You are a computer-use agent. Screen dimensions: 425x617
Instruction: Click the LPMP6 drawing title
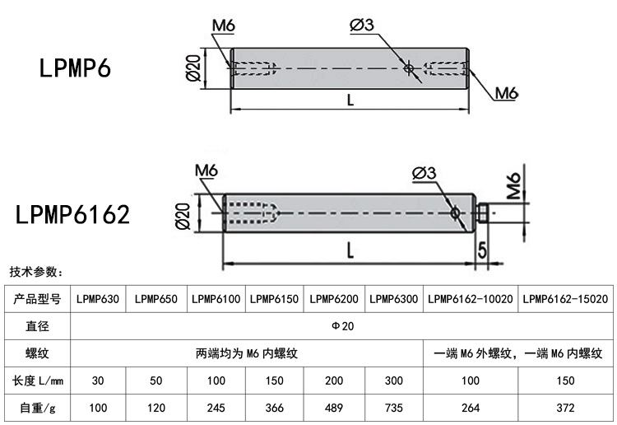pos(74,68)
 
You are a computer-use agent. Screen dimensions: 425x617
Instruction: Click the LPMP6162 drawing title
pos(73,215)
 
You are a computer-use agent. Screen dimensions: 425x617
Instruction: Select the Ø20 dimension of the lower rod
pos(183,217)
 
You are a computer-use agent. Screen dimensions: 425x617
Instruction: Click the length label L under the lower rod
pos(350,252)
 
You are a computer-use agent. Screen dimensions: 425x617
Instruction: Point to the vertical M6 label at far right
pos(515,188)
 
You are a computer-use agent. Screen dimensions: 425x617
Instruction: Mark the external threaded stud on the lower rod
pos(483,213)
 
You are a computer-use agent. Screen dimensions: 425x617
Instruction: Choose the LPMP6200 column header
pos(334,299)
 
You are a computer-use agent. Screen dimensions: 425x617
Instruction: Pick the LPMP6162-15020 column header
pos(565,299)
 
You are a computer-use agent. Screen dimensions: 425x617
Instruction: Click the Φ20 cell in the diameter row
pos(342,326)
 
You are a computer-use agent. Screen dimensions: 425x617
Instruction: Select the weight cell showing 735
pos(393,407)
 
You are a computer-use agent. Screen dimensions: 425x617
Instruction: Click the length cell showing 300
pos(393,380)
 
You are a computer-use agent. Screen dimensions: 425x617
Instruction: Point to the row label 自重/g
pos(38,407)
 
